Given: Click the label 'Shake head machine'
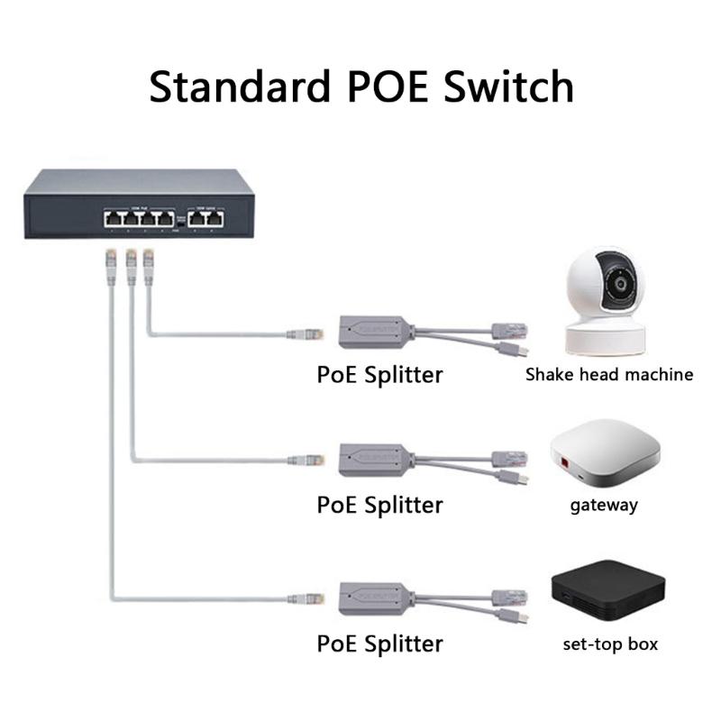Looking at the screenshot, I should point(609,374).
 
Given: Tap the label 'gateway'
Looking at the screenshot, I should point(604,505).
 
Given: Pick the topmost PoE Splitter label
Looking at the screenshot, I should point(379,373).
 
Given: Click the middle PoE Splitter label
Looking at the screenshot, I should point(379,505).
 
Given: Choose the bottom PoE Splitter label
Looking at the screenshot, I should point(379,643).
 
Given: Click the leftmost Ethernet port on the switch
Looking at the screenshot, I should point(114,218).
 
